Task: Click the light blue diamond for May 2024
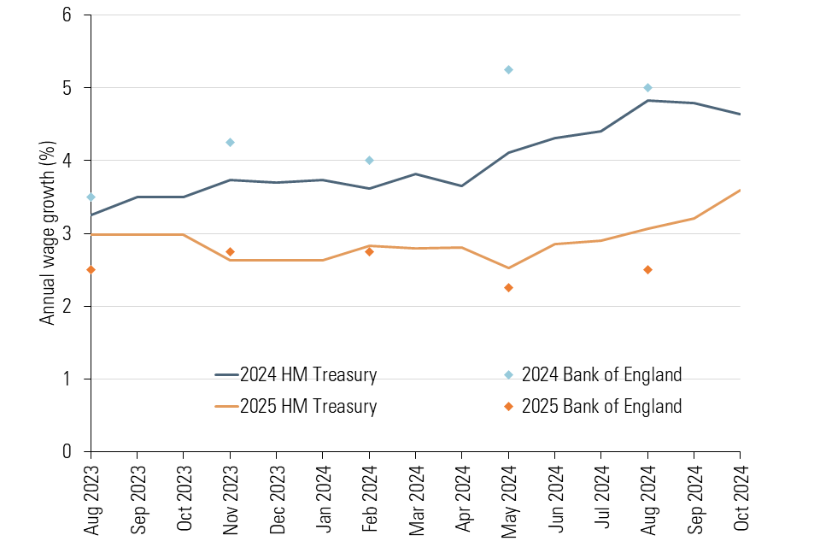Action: pos(508,69)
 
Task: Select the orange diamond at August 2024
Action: pos(647,269)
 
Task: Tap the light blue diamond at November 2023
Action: pos(230,142)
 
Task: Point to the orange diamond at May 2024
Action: pos(508,287)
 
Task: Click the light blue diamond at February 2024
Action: pos(369,160)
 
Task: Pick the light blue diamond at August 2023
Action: pos(91,197)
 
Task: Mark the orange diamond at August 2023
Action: pos(91,269)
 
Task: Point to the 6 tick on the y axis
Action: pos(67,15)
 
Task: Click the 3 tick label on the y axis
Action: pos(67,233)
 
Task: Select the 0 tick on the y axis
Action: pos(67,451)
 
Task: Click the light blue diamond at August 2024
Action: pos(647,87)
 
